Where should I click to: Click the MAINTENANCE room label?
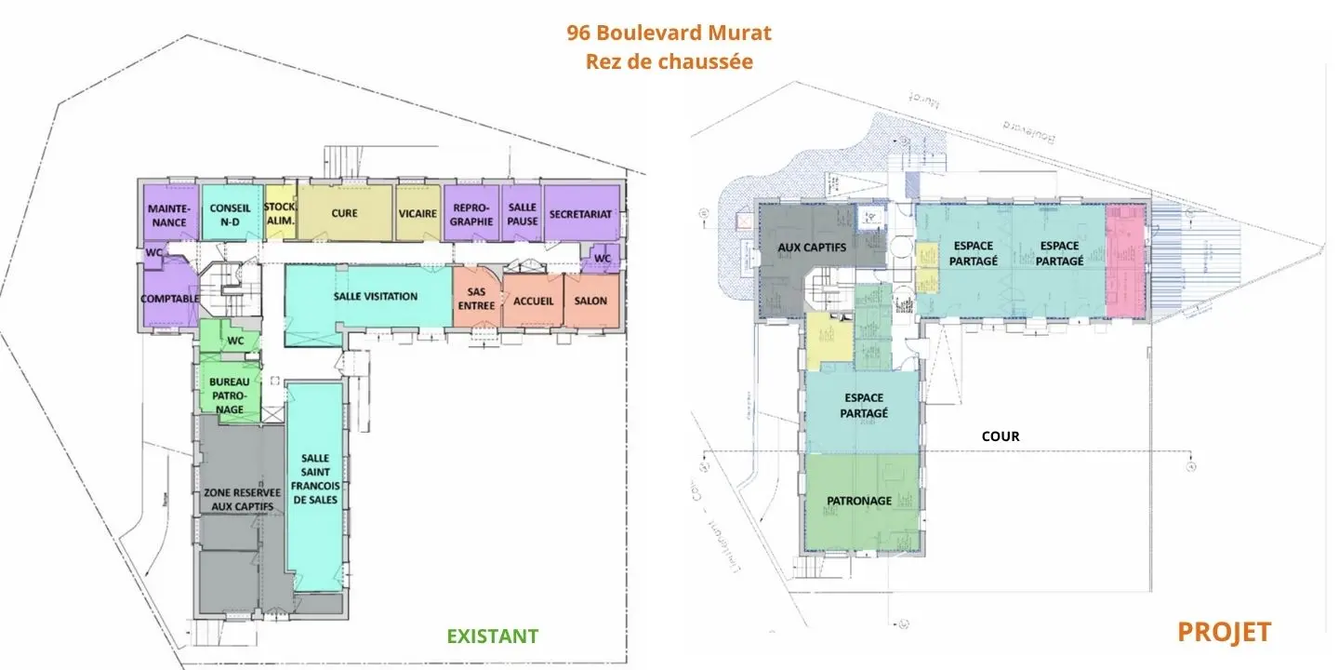coord(170,215)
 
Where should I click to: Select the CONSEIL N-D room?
coord(230,215)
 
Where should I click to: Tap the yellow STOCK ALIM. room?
coord(280,213)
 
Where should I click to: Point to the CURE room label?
coord(344,213)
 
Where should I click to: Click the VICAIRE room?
coord(418,213)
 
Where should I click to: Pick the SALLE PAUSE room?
coord(523,215)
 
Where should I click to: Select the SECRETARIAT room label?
coord(580,213)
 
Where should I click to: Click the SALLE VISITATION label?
coord(376,296)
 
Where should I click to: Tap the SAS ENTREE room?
coord(476,299)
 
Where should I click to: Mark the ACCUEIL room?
coord(533,301)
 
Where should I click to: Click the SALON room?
coord(590,301)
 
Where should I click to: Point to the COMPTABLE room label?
coord(169,299)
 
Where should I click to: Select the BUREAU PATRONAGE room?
coord(229,395)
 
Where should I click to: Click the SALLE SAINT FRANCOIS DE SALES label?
coord(315,479)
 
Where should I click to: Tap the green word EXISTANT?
coord(492,636)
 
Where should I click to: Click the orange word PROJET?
coord(1224,632)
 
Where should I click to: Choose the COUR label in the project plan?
coord(1001,435)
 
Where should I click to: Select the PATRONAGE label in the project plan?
coord(859,501)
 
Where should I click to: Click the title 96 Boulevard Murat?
coord(669,33)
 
